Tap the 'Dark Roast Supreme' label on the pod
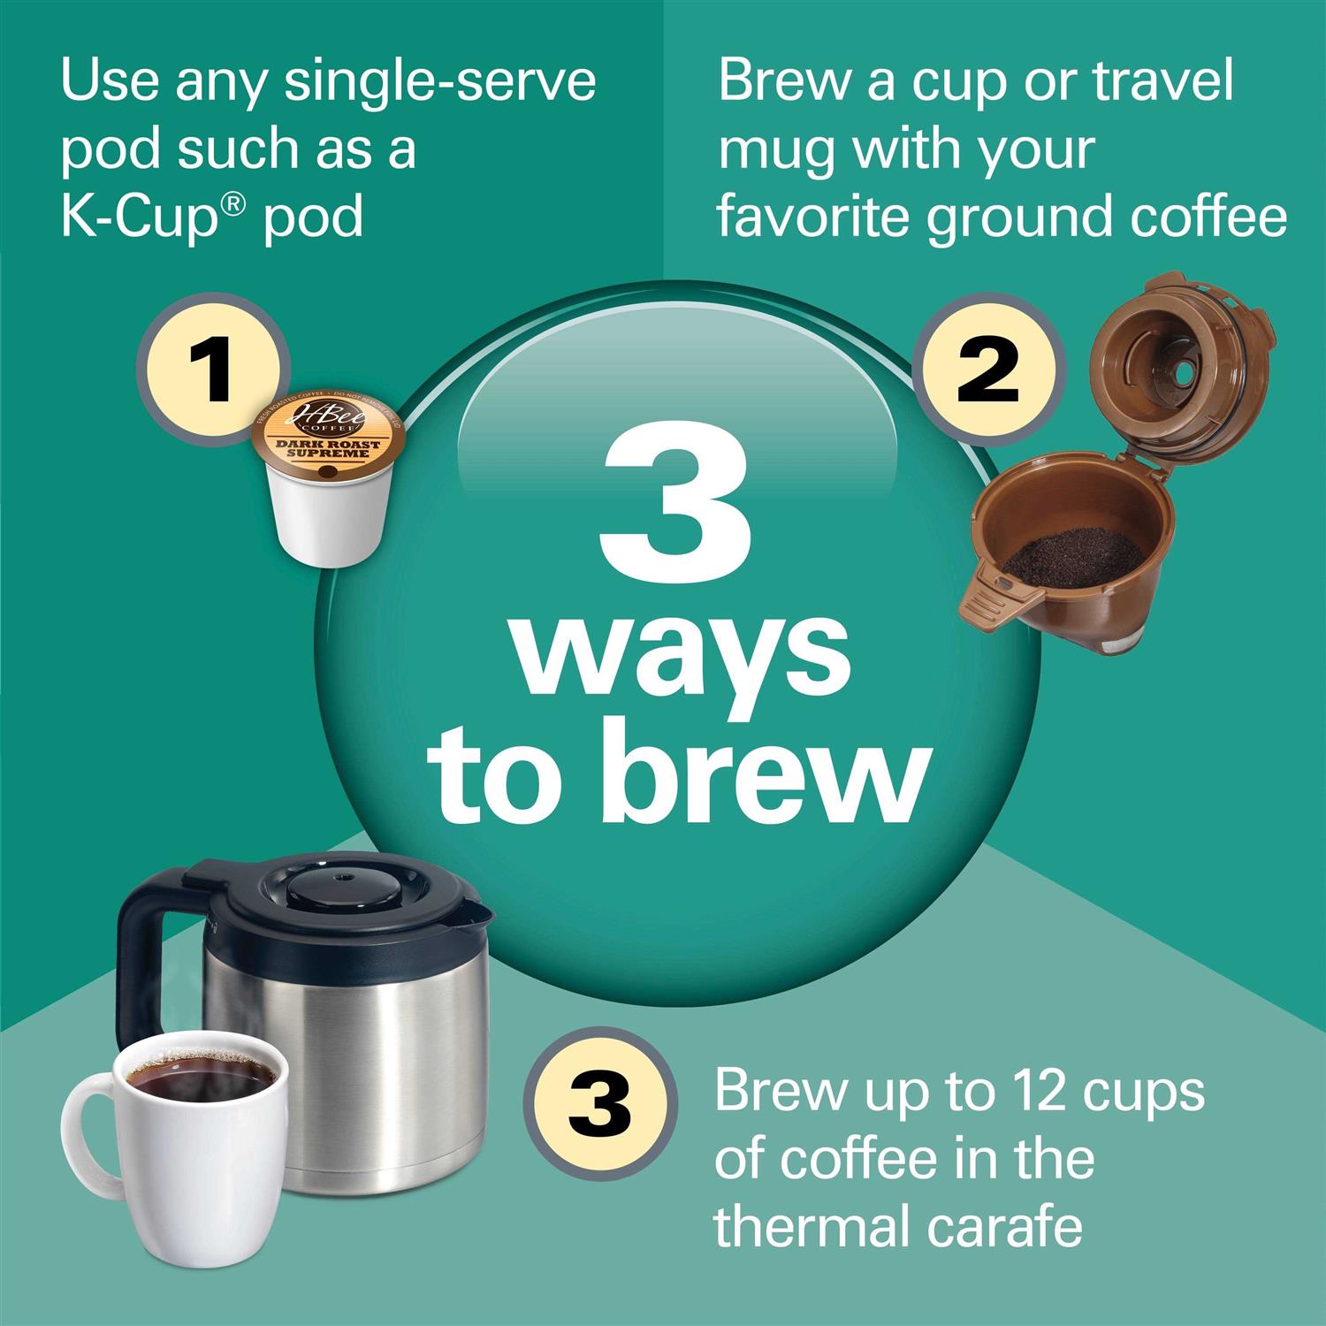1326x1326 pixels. coord(332,448)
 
